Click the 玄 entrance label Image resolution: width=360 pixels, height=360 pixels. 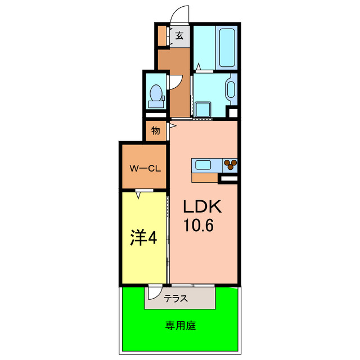(x=179, y=36)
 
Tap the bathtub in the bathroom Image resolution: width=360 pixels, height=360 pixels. (x=227, y=47)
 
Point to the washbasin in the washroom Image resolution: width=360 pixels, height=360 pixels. (x=230, y=90)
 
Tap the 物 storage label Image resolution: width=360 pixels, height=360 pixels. (x=155, y=131)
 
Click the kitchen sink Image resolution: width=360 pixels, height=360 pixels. (x=202, y=165)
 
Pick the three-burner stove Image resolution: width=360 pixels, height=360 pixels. (x=230, y=165)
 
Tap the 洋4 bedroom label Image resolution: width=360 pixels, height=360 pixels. (x=143, y=238)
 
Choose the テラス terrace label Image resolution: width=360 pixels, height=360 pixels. (x=176, y=299)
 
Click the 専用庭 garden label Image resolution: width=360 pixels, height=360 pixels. (x=180, y=325)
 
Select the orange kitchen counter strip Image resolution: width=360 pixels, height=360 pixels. (x=204, y=177)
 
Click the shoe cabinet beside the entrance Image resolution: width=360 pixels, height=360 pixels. (x=161, y=36)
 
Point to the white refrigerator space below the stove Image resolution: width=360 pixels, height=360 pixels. (x=228, y=179)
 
